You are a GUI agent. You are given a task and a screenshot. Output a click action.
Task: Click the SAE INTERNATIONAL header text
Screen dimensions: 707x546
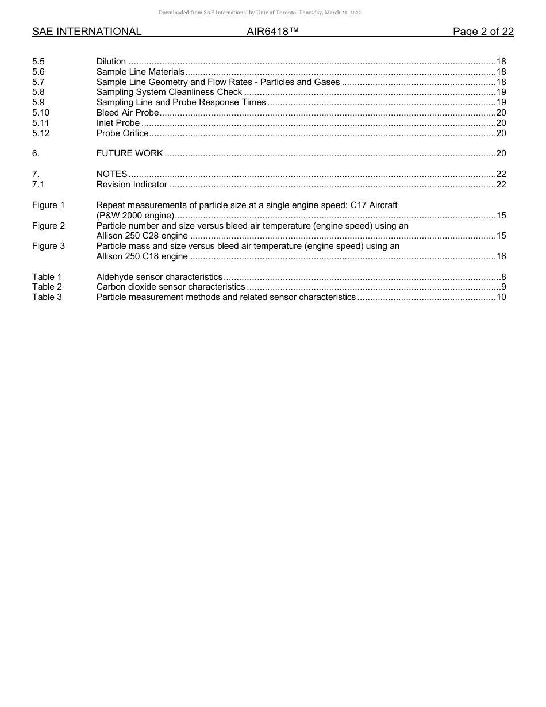click(87, 32)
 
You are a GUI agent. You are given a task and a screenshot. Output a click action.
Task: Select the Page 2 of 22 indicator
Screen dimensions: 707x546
click(483, 32)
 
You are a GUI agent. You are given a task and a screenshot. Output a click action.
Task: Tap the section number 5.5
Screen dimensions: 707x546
click(39, 62)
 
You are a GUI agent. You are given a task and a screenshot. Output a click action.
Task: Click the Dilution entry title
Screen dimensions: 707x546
click(111, 62)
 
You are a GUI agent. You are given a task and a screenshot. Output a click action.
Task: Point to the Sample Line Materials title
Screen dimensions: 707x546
click(140, 72)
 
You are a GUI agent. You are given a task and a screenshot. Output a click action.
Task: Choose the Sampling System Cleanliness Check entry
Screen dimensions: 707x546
click(169, 92)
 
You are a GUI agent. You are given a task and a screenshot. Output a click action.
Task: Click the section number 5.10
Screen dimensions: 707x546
click(41, 113)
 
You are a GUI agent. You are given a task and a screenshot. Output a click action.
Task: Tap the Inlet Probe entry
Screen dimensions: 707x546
click(118, 123)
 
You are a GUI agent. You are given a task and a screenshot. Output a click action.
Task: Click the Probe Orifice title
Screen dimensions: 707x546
click(122, 133)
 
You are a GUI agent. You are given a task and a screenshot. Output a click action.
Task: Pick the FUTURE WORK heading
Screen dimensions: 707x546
click(129, 153)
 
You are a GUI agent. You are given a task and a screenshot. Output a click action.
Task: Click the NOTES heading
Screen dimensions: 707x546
click(111, 174)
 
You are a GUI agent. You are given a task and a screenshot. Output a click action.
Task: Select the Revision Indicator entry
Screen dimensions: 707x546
click(132, 185)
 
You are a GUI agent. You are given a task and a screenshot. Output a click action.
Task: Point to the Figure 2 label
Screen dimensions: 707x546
click(48, 226)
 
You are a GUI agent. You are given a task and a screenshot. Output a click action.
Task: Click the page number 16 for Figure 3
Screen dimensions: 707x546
click(501, 256)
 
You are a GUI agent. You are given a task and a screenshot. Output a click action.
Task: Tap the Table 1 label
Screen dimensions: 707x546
click(47, 277)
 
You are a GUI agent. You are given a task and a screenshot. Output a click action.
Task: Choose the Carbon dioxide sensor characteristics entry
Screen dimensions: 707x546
click(171, 287)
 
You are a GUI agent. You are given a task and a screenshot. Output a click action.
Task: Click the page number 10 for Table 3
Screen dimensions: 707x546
click(501, 297)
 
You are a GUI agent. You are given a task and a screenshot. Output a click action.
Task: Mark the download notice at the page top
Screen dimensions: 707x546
click(259, 13)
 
